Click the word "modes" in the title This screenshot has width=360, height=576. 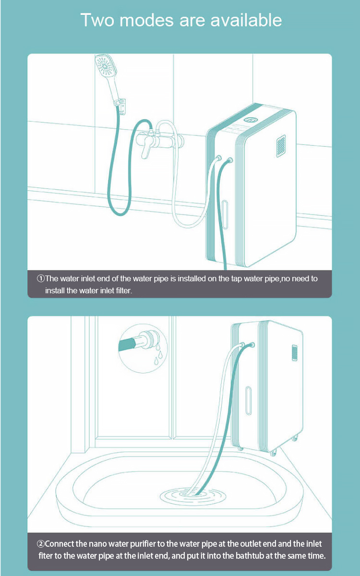click(x=146, y=20)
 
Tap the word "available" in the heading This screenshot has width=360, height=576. click(x=246, y=20)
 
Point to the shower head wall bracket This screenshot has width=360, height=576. click(x=121, y=105)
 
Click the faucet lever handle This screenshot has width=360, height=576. click(x=146, y=150)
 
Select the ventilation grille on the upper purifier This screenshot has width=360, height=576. click(x=280, y=146)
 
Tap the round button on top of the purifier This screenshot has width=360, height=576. click(x=251, y=120)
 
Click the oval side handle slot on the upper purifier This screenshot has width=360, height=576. click(x=225, y=215)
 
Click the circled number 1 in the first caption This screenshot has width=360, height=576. click(x=41, y=278)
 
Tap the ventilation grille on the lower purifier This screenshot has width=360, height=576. click(x=294, y=353)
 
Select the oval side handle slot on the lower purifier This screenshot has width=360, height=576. click(x=249, y=401)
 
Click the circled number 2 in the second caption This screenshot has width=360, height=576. click(x=41, y=544)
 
